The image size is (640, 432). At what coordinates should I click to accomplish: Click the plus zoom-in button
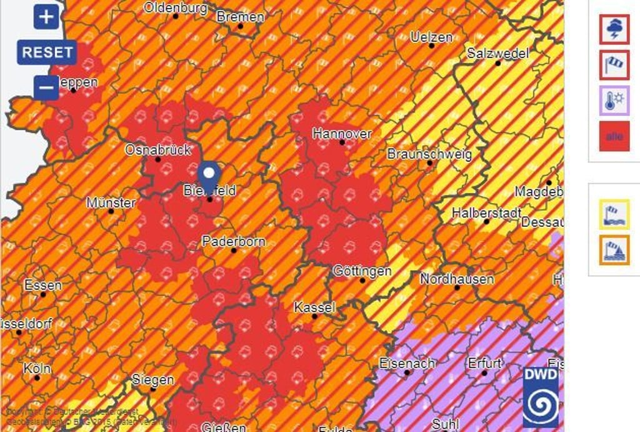tap(46, 17)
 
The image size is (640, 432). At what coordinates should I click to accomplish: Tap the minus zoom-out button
tap(46, 88)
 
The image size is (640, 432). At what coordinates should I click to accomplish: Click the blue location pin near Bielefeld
tap(209, 175)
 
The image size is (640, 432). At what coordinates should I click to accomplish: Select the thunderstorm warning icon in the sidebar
tap(614, 29)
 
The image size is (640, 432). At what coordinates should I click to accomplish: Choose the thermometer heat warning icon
tap(614, 101)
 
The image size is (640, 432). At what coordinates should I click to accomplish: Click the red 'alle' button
tap(614, 136)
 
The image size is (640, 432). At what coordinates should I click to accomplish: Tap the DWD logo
tap(541, 398)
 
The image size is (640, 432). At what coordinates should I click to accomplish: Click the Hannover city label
tap(342, 133)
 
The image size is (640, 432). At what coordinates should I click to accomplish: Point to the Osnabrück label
tap(157, 150)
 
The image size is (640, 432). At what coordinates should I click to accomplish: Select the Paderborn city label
tap(233, 241)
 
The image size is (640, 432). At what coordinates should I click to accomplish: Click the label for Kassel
tap(314, 308)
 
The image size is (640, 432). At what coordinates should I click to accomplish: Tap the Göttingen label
tap(362, 271)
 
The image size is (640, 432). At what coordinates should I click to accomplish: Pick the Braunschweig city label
tap(429, 154)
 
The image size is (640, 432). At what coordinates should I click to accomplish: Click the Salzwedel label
tap(497, 53)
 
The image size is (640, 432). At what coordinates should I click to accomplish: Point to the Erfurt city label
tap(484, 363)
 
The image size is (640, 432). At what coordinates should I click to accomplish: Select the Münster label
tap(111, 203)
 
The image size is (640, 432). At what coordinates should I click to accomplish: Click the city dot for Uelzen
tap(431, 46)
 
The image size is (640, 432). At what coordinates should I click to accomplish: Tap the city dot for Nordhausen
tap(457, 288)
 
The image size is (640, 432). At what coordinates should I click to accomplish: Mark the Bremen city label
tap(240, 17)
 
